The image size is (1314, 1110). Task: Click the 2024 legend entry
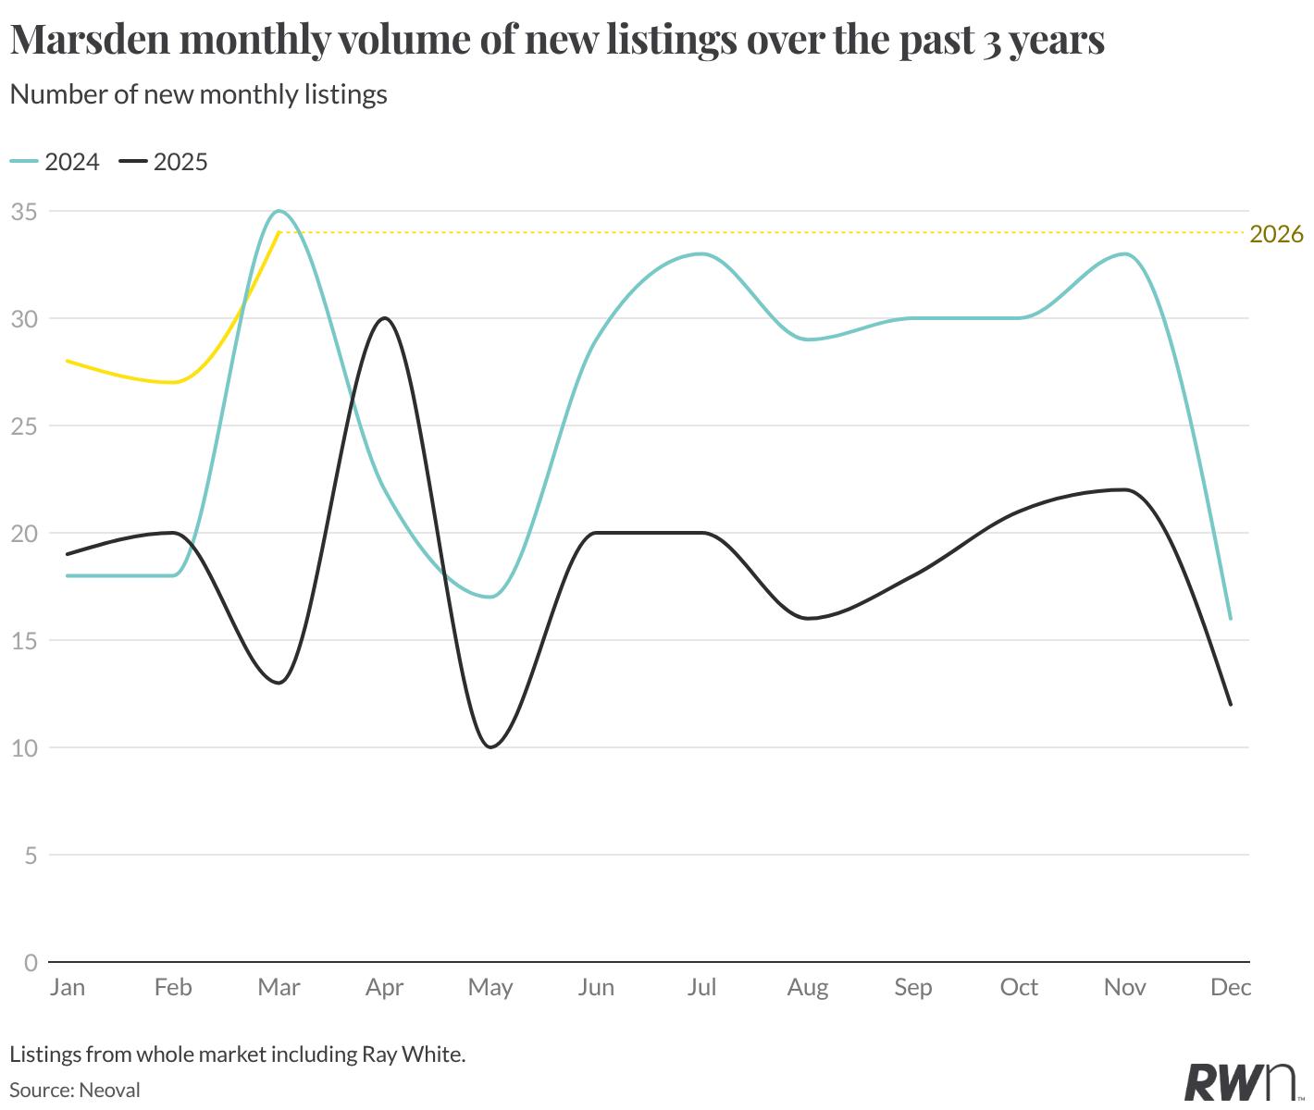(x=55, y=162)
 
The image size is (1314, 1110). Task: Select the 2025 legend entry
(x=163, y=162)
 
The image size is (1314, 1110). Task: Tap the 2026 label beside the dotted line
(x=1276, y=234)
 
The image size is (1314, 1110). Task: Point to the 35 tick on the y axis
(x=25, y=212)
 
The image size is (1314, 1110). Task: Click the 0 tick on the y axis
(x=31, y=963)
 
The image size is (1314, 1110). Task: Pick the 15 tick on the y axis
(x=25, y=641)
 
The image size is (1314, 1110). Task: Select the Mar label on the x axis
(x=279, y=987)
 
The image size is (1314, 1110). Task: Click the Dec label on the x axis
(x=1231, y=987)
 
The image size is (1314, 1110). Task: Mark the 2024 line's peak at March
(x=279, y=212)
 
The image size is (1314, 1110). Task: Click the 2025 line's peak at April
(x=385, y=318)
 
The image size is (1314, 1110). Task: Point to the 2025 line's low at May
(x=490, y=746)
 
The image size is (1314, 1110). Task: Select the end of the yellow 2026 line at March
(x=279, y=233)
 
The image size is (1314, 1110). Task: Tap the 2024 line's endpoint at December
(x=1231, y=619)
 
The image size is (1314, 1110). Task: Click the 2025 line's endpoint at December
(x=1231, y=705)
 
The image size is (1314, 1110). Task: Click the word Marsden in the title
(x=91, y=39)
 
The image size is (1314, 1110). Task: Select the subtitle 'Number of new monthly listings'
(x=198, y=95)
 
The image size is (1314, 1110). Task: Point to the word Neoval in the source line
(x=110, y=1090)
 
